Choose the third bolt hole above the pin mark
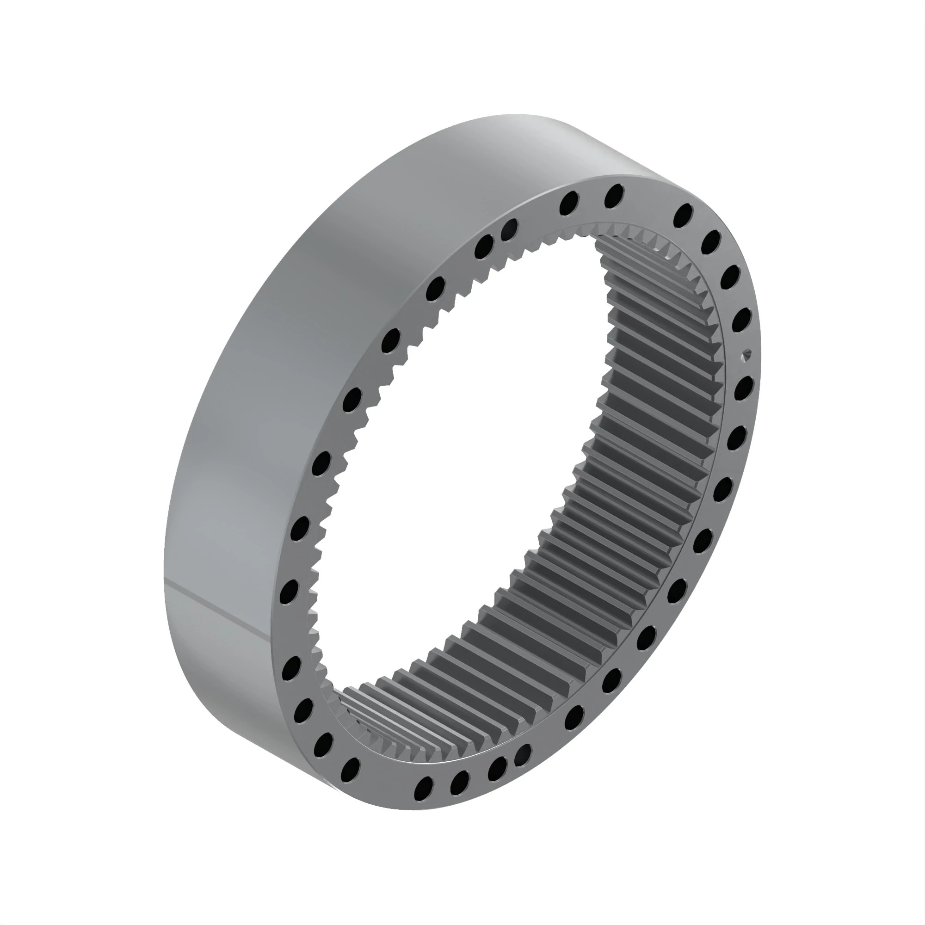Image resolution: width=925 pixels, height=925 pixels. tap(711, 243)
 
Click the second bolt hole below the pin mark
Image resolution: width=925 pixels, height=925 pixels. tap(736, 438)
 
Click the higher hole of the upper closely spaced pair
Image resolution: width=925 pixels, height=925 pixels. tap(509, 229)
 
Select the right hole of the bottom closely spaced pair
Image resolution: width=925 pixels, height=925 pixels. tap(523, 755)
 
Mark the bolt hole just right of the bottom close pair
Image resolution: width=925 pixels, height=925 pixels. tap(574, 718)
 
